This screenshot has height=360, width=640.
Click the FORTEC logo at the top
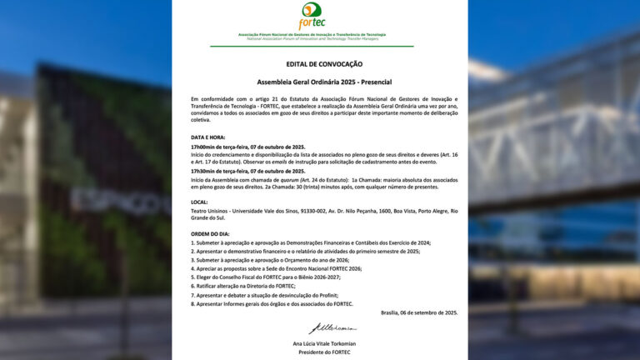point(319,16)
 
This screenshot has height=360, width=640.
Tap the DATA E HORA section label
point(208,137)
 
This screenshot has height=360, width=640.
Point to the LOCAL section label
point(200,202)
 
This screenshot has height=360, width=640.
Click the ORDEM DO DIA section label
point(212,232)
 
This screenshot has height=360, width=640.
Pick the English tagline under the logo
point(319,38)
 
